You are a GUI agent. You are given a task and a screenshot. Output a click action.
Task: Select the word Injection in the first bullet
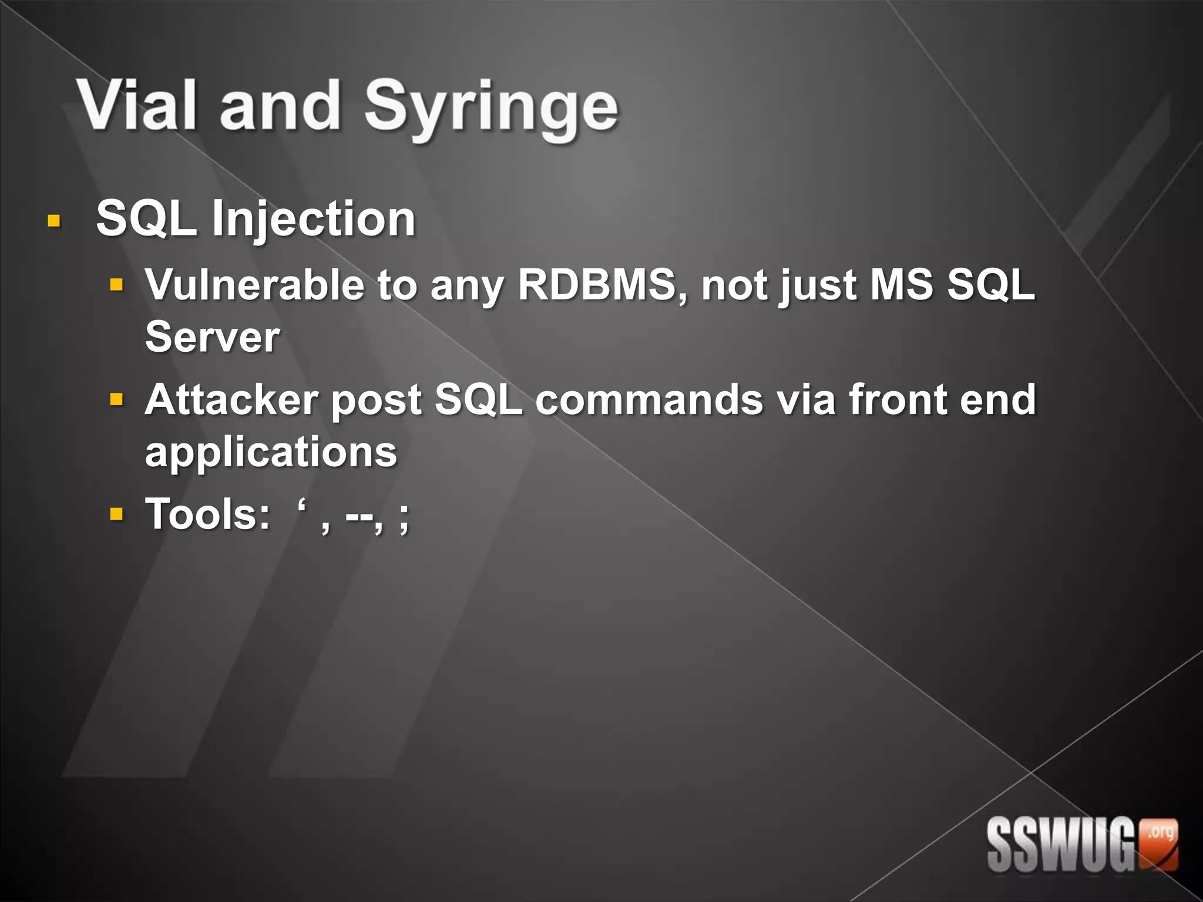click(314, 220)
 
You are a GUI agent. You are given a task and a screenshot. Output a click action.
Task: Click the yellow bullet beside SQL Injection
click(53, 221)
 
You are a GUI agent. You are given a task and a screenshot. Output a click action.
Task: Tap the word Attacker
click(231, 400)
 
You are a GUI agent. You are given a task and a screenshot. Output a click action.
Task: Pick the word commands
click(648, 400)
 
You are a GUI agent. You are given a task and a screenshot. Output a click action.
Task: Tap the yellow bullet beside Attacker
click(117, 400)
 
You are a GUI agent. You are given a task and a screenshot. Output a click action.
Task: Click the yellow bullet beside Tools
click(117, 515)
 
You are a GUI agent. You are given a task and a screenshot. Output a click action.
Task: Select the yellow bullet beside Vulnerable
click(117, 285)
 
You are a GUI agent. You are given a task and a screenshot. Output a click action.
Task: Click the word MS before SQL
click(902, 285)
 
